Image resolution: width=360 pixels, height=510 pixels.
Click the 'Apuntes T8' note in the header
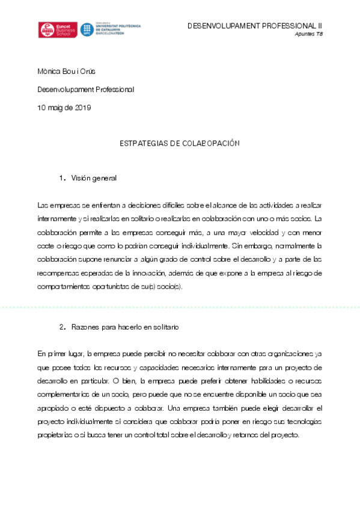310,34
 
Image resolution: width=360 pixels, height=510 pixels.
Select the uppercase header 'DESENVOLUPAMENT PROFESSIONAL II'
255,26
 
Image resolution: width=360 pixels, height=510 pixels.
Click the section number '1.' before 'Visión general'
62,178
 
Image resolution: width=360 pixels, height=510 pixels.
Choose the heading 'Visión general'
94,178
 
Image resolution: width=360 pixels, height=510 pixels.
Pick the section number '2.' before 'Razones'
62,327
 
